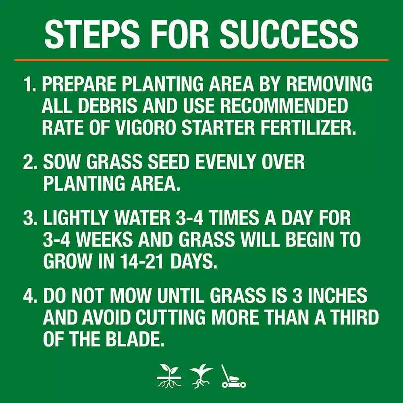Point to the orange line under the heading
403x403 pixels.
pyautogui.click(x=201, y=60)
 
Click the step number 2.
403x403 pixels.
pyautogui.click(x=30, y=162)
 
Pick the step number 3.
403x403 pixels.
pyautogui.click(x=30, y=219)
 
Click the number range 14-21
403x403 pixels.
pyautogui.click(x=137, y=262)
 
